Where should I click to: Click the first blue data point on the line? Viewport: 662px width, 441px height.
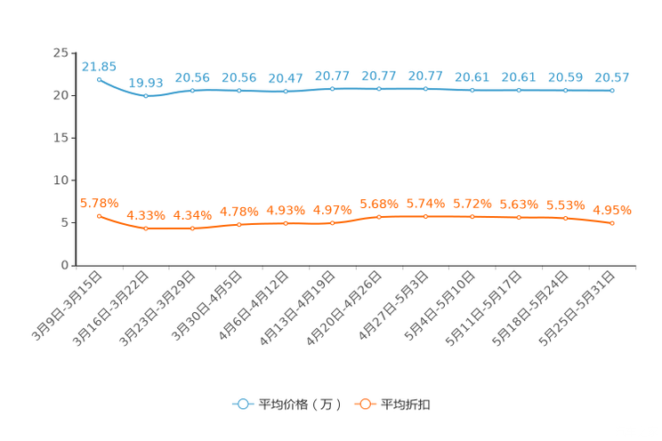tap(99, 79)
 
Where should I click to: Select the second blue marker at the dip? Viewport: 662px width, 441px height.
tap(145, 95)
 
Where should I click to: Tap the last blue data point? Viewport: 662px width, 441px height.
tap(612, 91)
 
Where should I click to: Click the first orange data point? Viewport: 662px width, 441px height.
tap(99, 215)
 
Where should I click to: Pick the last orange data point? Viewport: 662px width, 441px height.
tap(612, 224)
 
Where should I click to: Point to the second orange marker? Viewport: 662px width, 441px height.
tap(145, 229)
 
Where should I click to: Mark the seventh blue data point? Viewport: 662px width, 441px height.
tap(379, 88)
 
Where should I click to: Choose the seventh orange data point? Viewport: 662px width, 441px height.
tap(379, 216)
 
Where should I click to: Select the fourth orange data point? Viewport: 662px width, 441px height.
tap(238, 225)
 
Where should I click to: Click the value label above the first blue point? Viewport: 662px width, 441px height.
tap(99, 66)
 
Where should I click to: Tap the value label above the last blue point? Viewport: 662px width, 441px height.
tap(612, 77)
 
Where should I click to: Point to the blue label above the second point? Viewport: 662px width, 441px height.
tap(145, 82)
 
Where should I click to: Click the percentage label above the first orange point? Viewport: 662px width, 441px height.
tap(99, 202)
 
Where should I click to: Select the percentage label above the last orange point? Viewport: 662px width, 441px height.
tap(612, 210)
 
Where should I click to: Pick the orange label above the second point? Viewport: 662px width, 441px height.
tap(145, 215)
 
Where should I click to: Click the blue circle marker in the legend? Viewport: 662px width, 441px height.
tap(242, 404)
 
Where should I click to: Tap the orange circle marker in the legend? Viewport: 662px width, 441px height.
tap(364, 404)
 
